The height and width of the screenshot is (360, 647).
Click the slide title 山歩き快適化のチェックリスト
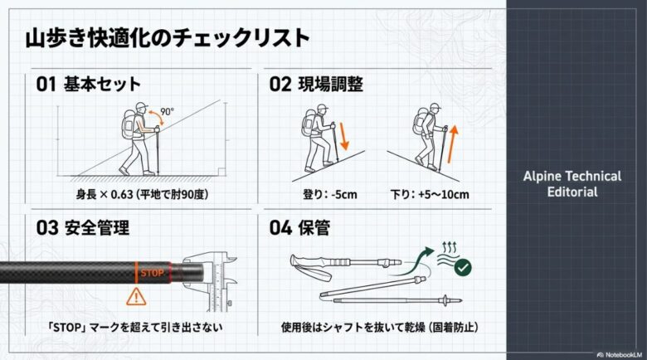tap(167, 37)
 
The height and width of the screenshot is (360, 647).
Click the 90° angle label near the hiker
tap(166, 110)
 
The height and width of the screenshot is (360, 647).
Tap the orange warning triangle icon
tap(134, 296)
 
